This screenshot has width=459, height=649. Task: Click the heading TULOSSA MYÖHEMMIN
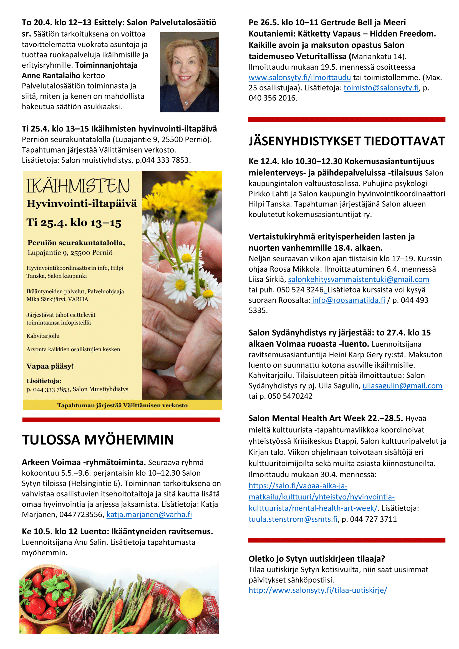tap(98, 440)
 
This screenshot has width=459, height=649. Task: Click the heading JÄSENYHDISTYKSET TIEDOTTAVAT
tap(347, 141)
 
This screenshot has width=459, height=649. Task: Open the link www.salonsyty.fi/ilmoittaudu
tap(300, 77)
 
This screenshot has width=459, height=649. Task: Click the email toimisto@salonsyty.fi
tap(381, 88)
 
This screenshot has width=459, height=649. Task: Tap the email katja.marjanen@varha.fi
tap(149, 514)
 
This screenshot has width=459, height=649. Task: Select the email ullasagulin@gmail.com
tap(402, 386)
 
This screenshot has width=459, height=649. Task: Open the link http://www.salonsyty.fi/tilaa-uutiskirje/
tap(318, 590)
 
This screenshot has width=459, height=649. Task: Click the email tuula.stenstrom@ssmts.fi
tap(293, 519)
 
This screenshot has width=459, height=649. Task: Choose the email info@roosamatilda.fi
tap(348, 300)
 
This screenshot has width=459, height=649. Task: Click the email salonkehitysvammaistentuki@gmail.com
tap(358, 280)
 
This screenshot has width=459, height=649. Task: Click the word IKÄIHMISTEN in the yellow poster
tap(78, 186)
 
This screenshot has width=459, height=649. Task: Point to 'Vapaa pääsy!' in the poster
tap(50, 366)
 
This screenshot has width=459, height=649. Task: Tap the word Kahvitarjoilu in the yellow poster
tap(43, 336)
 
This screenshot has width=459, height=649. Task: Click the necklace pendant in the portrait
tap(186, 102)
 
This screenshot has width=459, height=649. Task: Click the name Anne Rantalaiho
tap(51, 76)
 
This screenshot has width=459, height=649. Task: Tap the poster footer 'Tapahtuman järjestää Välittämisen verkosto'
tap(122, 405)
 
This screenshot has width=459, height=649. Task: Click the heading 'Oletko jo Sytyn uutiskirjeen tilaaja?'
tap(317, 559)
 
